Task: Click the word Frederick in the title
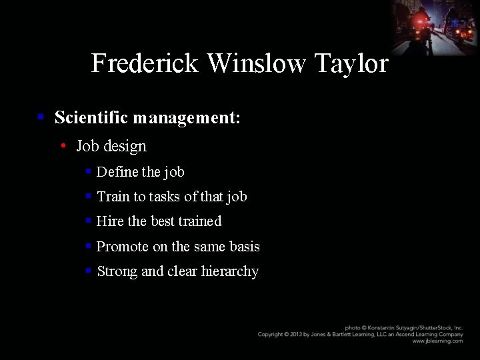[145, 63]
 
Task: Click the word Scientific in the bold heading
[91, 118]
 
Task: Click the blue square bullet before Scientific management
[41, 117]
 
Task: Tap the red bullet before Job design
[63, 145]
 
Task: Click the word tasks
[165, 197]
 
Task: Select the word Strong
[117, 271]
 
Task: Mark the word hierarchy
[230, 272]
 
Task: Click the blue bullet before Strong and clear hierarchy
[88, 271]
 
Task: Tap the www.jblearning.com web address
[437, 341]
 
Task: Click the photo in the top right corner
[434, 27]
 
